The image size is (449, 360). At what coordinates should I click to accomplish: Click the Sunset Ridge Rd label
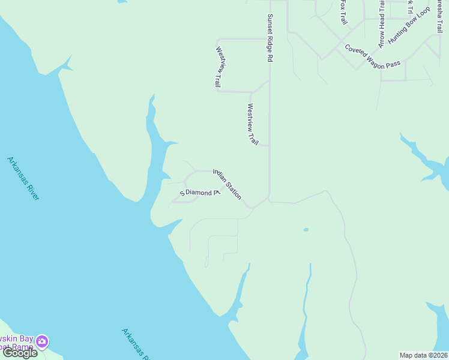(x=270, y=38)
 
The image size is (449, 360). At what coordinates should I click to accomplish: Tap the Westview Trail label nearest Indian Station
(x=252, y=124)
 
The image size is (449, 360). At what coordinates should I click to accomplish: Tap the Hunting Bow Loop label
(x=409, y=25)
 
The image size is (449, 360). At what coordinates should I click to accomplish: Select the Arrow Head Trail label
(x=381, y=23)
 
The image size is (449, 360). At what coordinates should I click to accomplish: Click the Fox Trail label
(x=343, y=12)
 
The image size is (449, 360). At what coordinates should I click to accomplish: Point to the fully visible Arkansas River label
(x=23, y=178)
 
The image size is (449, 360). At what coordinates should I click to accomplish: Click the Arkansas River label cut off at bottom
(x=136, y=344)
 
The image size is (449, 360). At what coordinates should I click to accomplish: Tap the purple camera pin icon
(x=42, y=341)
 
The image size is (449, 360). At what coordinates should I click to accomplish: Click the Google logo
(x=20, y=352)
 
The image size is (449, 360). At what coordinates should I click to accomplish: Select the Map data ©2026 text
(x=424, y=355)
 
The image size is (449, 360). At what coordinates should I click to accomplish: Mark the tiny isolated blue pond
(x=306, y=229)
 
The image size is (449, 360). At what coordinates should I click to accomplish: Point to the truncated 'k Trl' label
(x=410, y=6)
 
